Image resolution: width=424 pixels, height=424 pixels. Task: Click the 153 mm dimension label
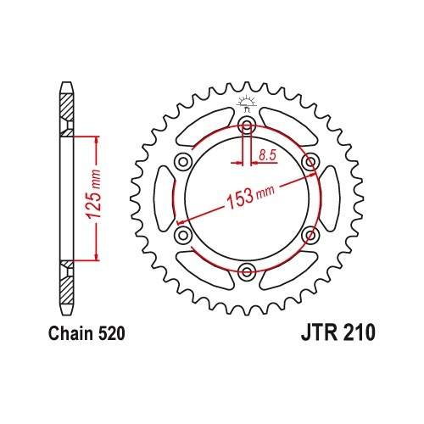point(250,196)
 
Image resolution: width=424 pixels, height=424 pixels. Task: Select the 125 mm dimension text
point(94,194)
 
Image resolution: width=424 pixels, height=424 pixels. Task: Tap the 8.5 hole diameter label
point(267,155)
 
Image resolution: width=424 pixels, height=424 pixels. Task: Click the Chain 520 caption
point(86,333)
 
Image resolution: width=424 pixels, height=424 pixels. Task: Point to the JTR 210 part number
point(338,333)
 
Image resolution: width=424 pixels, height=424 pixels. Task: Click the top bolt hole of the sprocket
point(247,126)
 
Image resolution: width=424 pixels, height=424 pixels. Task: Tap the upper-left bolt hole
point(183,162)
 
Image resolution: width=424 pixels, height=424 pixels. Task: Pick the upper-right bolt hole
point(310,162)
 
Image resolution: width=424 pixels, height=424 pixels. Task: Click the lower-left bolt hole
point(183,235)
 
